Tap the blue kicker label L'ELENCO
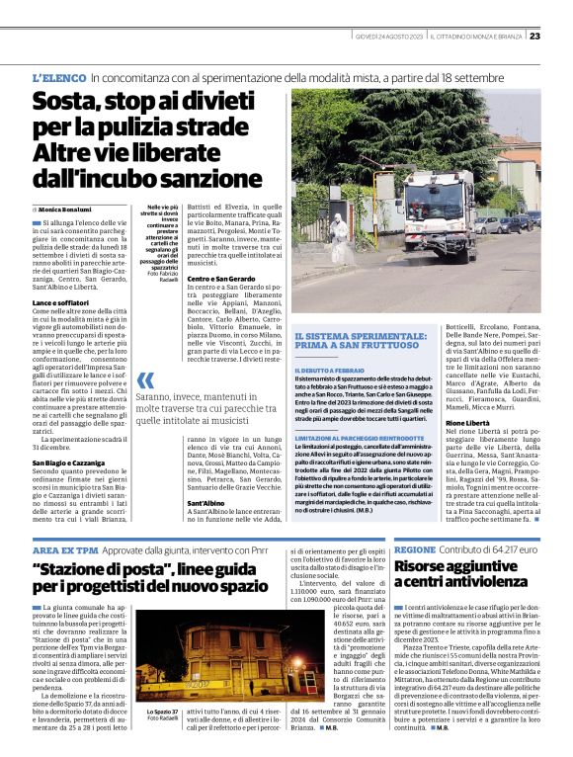tap(58, 76)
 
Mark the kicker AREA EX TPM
tap(63, 548)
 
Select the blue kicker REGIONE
tap(415, 548)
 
